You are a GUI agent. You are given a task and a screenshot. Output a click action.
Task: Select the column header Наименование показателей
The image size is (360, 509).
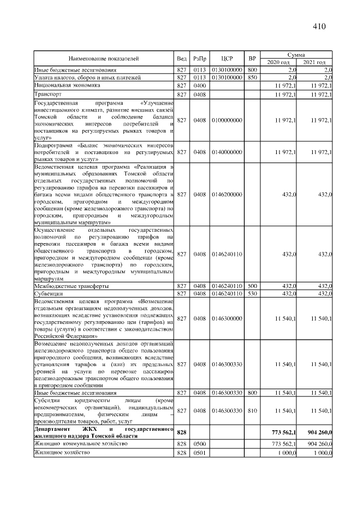[103, 58]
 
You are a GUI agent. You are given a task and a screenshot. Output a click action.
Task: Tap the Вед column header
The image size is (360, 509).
[182, 58]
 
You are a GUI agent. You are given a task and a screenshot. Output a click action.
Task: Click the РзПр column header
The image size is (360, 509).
[200, 58]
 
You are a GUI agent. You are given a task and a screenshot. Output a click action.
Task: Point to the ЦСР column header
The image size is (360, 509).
[227, 58]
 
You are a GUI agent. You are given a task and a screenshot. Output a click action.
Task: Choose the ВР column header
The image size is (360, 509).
[252, 58]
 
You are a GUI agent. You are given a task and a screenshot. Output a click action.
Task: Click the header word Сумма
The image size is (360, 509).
[296, 55]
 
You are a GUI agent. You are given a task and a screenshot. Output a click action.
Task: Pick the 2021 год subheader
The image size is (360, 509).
[315, 62]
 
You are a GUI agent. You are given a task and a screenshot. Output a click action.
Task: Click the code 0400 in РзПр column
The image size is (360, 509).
[200, 86]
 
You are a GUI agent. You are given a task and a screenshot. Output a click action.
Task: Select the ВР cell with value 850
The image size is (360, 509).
[252, 77]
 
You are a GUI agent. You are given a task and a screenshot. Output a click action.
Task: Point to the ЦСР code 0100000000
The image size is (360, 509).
[227, 120]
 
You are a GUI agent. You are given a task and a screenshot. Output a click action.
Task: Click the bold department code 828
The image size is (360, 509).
[182, 432]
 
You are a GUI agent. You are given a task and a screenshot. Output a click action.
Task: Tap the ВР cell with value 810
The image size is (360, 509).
[252, 411]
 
